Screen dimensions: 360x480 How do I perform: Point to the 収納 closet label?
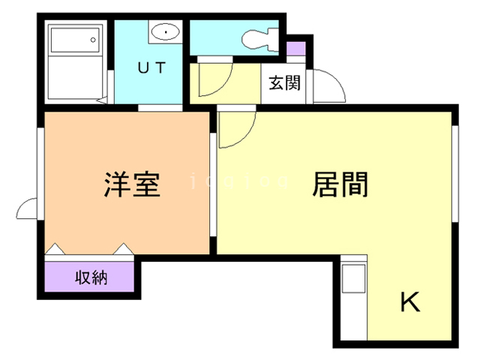click(x=91, y=277)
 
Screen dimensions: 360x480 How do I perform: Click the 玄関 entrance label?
click(x=285, y=83)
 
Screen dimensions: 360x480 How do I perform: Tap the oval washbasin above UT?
click(x=164, y=32)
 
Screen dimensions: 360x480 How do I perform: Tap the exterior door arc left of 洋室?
click(x=28, y=209)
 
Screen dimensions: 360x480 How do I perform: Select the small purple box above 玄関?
click(x=296, y=48)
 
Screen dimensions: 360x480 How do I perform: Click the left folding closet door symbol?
click(x=57, y=248)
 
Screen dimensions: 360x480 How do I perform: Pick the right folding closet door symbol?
click(x=123, y=248)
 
